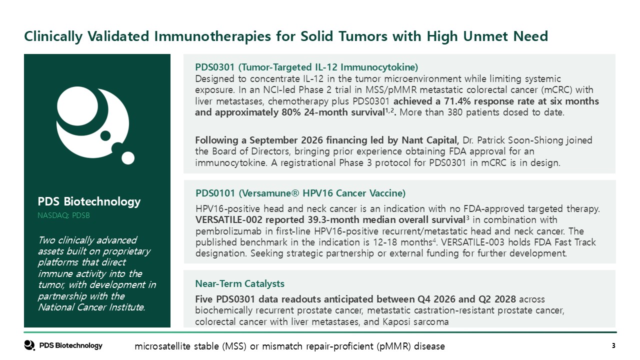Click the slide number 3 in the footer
pos(613,346)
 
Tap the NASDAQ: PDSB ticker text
pos(63,215)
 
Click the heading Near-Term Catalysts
pos(239,283)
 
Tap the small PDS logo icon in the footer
pos(29,345)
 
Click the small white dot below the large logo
pos(128,158)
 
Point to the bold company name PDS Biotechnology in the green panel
pos(89,201)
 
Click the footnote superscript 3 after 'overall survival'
pos(467,218)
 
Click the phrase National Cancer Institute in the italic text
pos(91,307)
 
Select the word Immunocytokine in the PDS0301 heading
pos(379,67)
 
